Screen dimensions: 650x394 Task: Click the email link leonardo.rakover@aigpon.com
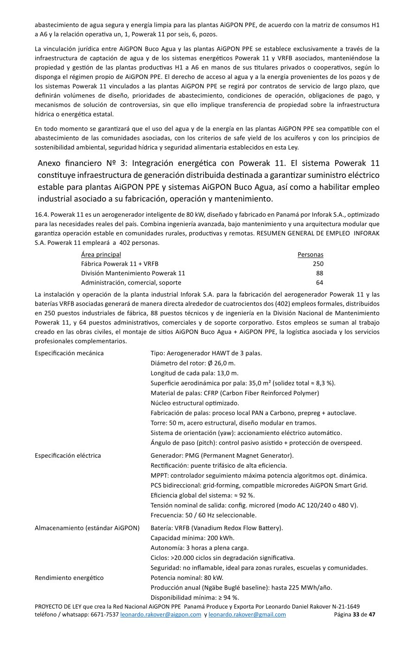pyautogui.click(x=160, y=615)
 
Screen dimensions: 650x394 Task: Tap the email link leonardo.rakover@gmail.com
pyautogui.click(x=247, y=615)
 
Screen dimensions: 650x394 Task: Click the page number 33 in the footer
pyautogui.click(x=356, y=615)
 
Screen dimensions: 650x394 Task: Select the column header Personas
pyautogui.click(x=310, y=254)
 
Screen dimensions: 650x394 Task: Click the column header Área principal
pyautogui.click(x=101, y=254)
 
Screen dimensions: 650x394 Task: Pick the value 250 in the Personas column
pyautogui.click(x=318, y=264)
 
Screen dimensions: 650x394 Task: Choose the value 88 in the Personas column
pyautogui.click(x=319, y=273)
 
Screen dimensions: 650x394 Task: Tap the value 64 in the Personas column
pyautogui.click(x=319, y=282)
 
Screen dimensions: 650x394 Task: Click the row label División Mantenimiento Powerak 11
pyautogui.click(x=133, y=273)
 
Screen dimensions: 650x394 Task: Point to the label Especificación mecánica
pyautogui.click(x=69, y=353)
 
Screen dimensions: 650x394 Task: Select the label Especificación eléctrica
pyautogui.click(x=68, y=455)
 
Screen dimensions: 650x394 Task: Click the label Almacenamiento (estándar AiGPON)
pyautogui.click(x=87, y=528)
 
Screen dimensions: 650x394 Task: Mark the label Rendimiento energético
pyautogui.click(x=69, y=578)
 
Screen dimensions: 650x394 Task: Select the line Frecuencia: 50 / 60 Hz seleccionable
pyautogui.click(x=203, y=515)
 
